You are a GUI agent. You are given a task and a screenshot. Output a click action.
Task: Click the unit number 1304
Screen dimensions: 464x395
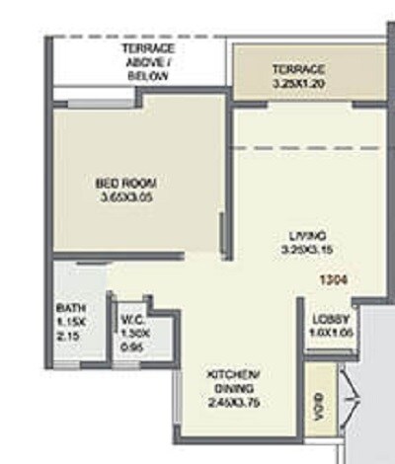click(333, 279)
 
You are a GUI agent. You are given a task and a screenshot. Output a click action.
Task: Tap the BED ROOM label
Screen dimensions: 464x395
click(126, 183)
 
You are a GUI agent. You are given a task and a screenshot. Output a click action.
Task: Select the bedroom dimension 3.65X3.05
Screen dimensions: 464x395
click(126, 196)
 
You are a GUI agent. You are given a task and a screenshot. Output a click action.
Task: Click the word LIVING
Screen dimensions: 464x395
click(308, 236)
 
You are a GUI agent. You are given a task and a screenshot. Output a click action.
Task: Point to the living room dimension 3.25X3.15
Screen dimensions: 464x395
click(308, 250)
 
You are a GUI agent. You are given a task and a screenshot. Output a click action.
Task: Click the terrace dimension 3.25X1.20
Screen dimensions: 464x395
click(297, 84)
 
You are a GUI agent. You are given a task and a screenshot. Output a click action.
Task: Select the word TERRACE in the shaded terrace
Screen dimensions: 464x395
click(297, 70)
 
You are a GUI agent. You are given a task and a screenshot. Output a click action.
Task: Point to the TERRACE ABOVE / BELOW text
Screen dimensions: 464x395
click(147, 61)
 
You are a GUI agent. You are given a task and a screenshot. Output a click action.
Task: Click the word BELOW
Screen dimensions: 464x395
click(147, 74)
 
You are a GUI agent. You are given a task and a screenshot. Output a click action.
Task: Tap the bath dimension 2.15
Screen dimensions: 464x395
click(66, 336)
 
